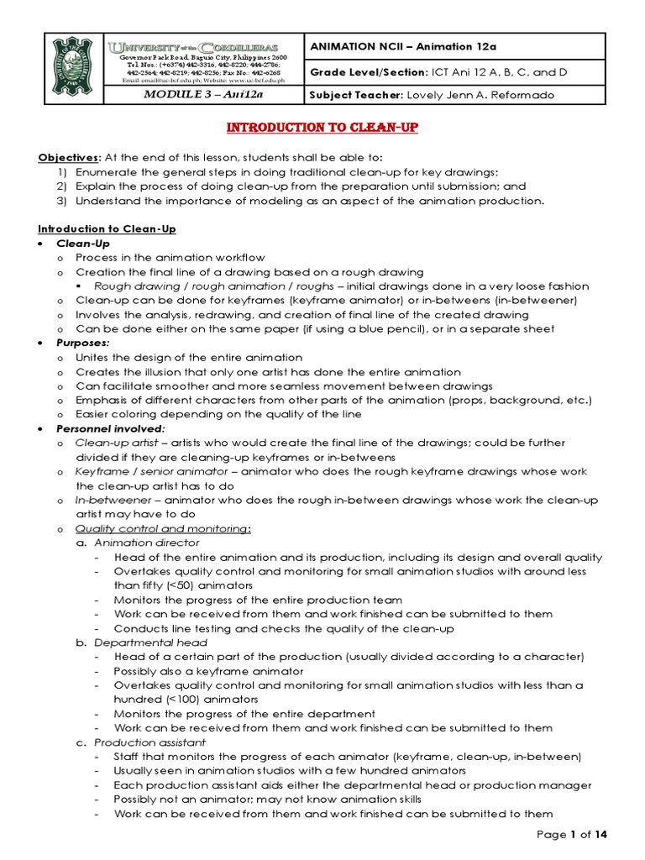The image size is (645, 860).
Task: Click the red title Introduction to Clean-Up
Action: (323, 127)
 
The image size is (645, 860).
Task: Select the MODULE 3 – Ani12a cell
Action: (204, 94)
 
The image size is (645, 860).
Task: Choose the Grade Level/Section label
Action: (366, 71)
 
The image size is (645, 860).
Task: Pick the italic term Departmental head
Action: (150, 642)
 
